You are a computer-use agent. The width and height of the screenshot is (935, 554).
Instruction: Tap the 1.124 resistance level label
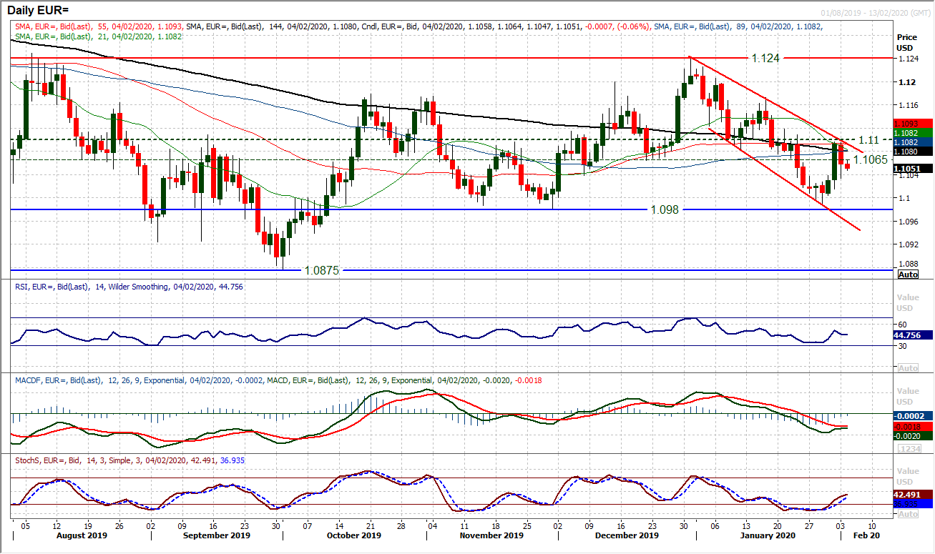764,58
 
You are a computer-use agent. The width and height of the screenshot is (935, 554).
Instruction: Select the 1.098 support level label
664,209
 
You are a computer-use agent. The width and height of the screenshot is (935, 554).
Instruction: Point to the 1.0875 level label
320,270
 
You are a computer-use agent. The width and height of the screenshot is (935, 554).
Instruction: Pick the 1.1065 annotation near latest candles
871,159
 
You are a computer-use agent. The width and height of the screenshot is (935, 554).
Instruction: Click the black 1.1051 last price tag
914,169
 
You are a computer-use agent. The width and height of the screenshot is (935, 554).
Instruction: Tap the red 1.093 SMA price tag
914,124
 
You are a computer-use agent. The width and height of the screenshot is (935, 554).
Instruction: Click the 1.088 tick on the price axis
908,264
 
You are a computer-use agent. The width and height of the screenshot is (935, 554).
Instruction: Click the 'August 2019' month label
77,535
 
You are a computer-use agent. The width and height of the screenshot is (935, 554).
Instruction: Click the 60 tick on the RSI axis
903,324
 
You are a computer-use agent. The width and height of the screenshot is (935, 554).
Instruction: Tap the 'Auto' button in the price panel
908,274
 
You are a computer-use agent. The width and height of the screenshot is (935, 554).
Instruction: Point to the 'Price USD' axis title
906,41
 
